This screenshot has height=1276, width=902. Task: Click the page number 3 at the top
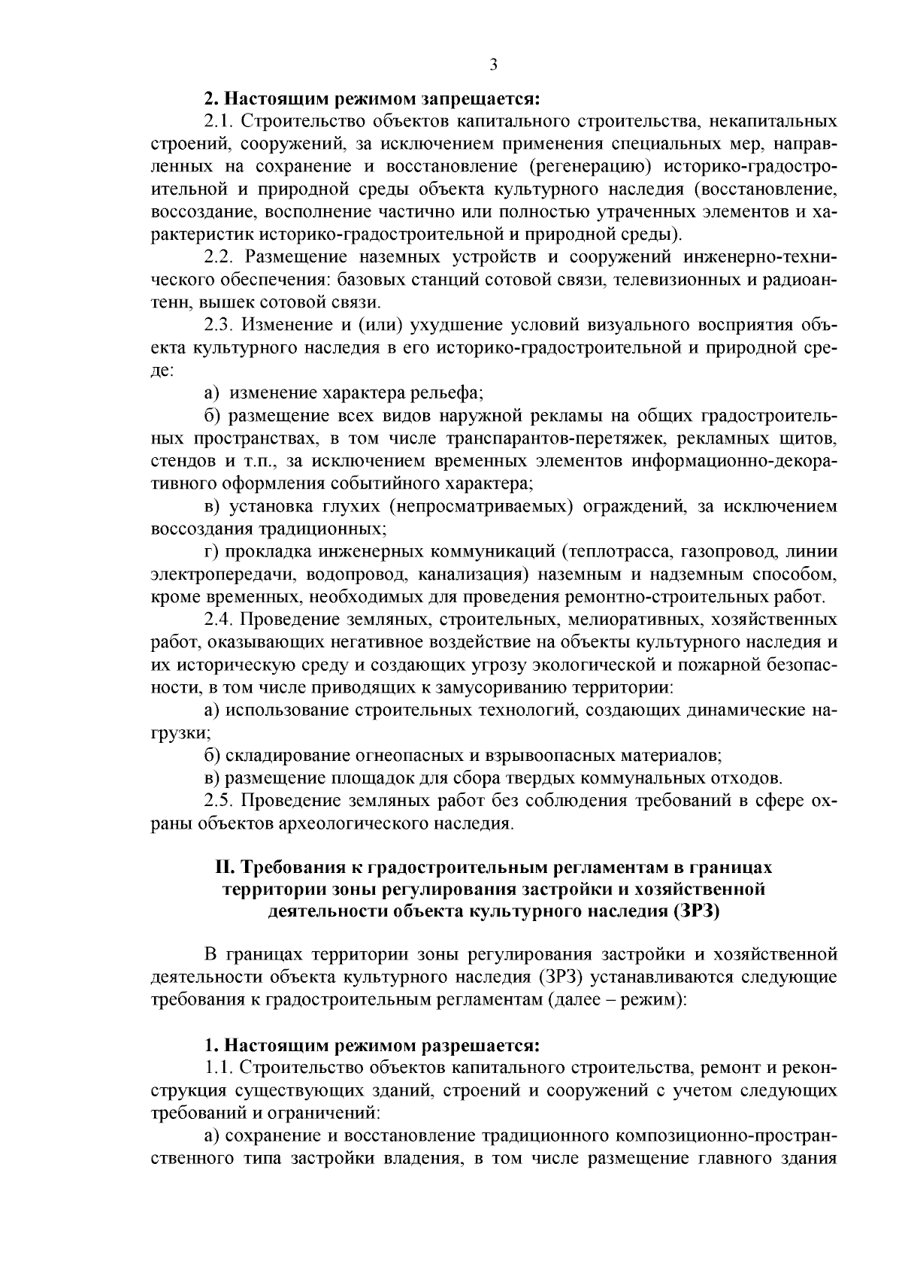point(493,64)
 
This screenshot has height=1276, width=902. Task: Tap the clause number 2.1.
point(219,121)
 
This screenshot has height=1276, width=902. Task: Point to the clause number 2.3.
point(220,325)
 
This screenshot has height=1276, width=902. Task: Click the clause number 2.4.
point(220,620)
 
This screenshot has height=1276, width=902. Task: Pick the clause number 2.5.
point(220,800)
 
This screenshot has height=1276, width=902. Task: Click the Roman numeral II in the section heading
point(225,867)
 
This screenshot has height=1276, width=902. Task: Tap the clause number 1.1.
point(219,1068)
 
